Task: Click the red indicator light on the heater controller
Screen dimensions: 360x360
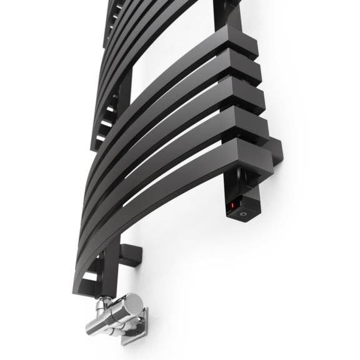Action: (233, 204)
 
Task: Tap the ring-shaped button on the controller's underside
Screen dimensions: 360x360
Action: (242, 213)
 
